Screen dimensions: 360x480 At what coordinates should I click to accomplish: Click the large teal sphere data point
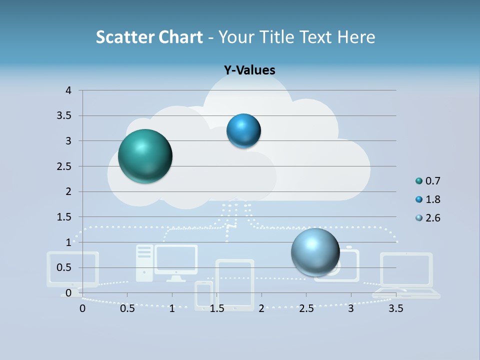145,156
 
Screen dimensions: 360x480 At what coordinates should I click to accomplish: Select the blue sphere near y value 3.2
243,131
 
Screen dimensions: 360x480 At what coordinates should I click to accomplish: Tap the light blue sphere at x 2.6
315,252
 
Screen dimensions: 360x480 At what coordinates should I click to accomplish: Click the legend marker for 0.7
419,181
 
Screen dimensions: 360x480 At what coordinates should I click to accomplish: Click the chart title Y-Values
249,70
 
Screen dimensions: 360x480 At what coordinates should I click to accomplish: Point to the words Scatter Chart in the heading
149,37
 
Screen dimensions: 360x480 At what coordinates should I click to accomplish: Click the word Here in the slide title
356,37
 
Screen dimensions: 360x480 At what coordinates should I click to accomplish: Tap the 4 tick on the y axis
68,90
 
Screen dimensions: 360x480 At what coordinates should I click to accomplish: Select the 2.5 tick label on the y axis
64,166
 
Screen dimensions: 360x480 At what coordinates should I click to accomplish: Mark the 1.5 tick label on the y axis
64,217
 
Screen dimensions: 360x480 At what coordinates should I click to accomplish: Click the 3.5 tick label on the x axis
395,308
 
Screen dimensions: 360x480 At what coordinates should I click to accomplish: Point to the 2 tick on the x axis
261,308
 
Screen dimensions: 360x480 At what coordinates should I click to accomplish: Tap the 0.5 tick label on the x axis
127,308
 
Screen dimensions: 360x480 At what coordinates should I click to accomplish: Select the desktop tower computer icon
144,262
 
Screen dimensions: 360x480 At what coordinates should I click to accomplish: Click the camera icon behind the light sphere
345,265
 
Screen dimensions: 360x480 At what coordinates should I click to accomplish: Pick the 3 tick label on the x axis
351,308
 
